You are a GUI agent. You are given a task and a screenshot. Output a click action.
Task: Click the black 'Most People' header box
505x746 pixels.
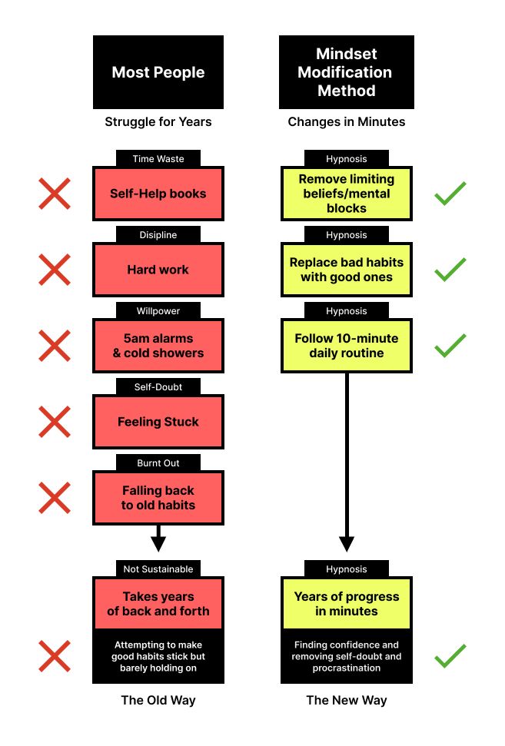click(x=158, y=72)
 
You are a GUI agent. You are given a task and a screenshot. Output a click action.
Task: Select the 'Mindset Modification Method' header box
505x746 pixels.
click(x=346, y=72)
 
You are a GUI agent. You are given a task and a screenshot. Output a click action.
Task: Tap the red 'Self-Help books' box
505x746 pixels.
click(x=158, y=194)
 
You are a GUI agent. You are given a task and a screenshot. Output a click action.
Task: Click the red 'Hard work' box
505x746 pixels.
click(x=158, y=270)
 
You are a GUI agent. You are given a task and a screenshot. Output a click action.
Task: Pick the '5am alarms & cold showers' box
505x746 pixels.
click(x=158, y=346)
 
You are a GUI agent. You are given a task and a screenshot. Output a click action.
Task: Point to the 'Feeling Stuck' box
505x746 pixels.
click(x=158, y=422)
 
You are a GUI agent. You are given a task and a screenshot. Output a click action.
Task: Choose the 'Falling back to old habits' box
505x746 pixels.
click(x=158, y=498)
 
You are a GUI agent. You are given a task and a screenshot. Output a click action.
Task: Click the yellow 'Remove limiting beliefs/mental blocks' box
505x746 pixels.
click(x=346, y=194)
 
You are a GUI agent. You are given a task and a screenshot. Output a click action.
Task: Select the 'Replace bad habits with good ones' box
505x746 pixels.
click(x=346, y=270)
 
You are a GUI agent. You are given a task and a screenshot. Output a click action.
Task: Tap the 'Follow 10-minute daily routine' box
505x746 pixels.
click(x=346, y=346)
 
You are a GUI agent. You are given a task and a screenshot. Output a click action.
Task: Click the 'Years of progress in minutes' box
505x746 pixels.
click(x=346, y=604)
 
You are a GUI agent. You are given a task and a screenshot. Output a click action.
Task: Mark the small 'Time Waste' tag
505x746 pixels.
click(x=158, y=159)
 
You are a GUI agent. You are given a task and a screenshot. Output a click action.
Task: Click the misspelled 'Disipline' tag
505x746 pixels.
click(x=158, y=235)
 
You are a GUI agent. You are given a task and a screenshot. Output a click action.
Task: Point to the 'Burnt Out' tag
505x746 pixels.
click(x=158, y=463)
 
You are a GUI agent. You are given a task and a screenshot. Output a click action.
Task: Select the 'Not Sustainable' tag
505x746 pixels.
click(x=158, y=569)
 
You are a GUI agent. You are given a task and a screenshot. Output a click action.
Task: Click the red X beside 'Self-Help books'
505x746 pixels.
click(x=55, y=194)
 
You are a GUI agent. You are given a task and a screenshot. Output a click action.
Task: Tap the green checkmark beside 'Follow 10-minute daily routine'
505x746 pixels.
click(x=450, y=346)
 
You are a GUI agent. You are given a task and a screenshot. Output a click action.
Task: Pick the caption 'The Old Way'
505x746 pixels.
click(x=158, y=700)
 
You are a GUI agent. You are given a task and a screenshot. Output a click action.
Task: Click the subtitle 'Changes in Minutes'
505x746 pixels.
click(x=346, y=121)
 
